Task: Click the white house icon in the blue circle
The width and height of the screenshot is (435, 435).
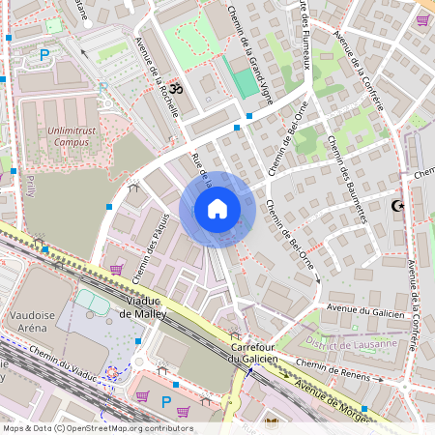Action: [x=217, y=209]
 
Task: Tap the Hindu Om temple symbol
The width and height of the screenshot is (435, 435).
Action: [x=175, y=86]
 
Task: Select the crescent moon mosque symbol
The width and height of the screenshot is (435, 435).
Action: [x=396, y=206]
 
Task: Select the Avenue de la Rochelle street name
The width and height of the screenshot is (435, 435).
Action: [x=158, y=77]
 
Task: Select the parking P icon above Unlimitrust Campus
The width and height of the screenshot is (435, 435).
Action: [x=43, y=55]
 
